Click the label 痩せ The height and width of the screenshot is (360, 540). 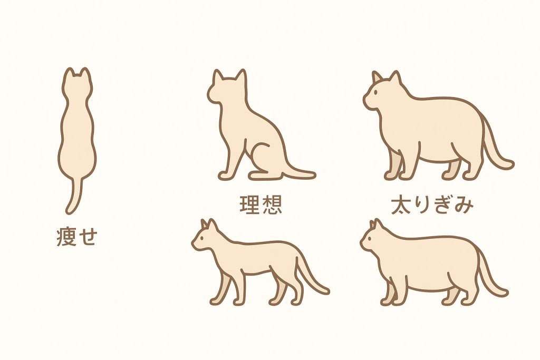77,238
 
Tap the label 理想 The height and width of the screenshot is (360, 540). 261,205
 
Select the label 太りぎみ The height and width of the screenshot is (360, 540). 432,205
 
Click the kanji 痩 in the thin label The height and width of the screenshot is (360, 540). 67,238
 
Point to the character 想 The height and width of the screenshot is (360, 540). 271,205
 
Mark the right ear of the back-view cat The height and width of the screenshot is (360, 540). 86,73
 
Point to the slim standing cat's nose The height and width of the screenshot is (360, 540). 194,245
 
